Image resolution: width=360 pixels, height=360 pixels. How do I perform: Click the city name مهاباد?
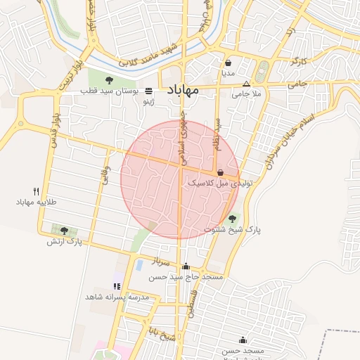point(182,90)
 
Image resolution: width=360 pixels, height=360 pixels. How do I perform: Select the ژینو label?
point(148,102)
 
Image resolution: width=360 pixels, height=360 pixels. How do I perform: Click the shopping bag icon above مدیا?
point(228,63)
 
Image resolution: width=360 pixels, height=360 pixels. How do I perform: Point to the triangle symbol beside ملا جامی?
point(245,84)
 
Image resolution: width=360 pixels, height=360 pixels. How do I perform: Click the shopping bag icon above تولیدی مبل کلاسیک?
point(221,172)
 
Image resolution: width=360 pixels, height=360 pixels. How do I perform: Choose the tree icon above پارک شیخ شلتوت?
point(233,218)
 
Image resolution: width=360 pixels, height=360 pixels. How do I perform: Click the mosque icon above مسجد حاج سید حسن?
point(186,266)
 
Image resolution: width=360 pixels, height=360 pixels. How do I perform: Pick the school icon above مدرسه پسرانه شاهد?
point(117,286)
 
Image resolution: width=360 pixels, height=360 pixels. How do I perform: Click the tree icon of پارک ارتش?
point(64,230)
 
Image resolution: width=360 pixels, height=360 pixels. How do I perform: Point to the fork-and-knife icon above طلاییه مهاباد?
point(36,191)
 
